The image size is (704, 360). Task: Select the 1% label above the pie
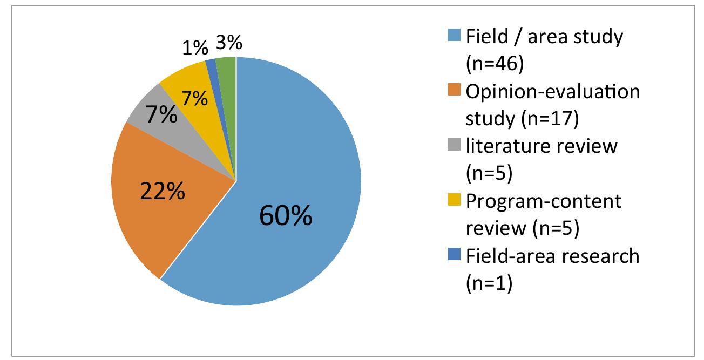tap(194, 48)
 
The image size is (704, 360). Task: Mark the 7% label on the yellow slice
tap(194, 99)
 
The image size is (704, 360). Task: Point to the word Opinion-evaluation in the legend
tap(552, 92)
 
